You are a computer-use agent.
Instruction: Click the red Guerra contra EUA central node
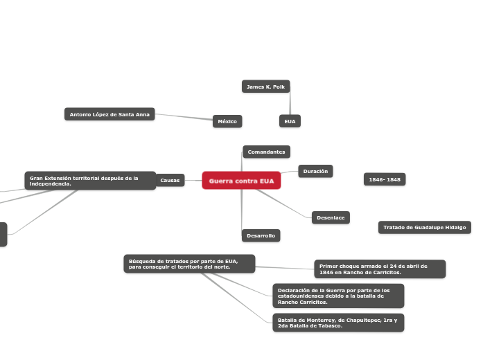click(x=241, y=181)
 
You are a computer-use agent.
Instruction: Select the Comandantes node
click(x=266, y=152)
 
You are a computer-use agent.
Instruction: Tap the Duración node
click(x=315, y=171)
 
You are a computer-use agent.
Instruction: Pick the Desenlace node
click(x=331, y=217)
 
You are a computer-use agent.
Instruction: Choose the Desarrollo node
click(x=261, y=235)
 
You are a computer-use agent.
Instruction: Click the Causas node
click(x=170, y=181)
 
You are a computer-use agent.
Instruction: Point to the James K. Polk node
click(x=265, y=87)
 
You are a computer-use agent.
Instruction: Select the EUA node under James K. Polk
click(x=290, y=121)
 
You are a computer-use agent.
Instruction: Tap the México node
click(x=227, y=121)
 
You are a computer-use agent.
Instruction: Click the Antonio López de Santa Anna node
click(x=109, y=114)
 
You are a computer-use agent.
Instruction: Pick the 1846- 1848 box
click(x=385, y=180)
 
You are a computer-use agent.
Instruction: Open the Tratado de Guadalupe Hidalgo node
click(x=425, y=227)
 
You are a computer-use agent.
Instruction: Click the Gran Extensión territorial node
click(x=90, y=181)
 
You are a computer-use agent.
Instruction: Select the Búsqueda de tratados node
click(x=189, y=264)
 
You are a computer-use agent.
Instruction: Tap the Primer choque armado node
click(x=380, y=269)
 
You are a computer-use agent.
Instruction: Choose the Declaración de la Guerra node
click(x=338, y=296)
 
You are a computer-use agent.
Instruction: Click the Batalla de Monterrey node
click(x=338, y=323)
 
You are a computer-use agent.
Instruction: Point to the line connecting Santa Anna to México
click(x=184, y=117)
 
